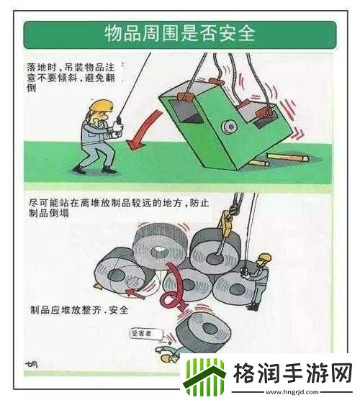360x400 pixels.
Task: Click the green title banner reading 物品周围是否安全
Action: [x=179, y=34]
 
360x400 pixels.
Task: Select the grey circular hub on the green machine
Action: [x=228, y=127]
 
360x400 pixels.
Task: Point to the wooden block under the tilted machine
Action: [x=284, y=156]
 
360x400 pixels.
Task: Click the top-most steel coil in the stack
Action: [x=160, y=245]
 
